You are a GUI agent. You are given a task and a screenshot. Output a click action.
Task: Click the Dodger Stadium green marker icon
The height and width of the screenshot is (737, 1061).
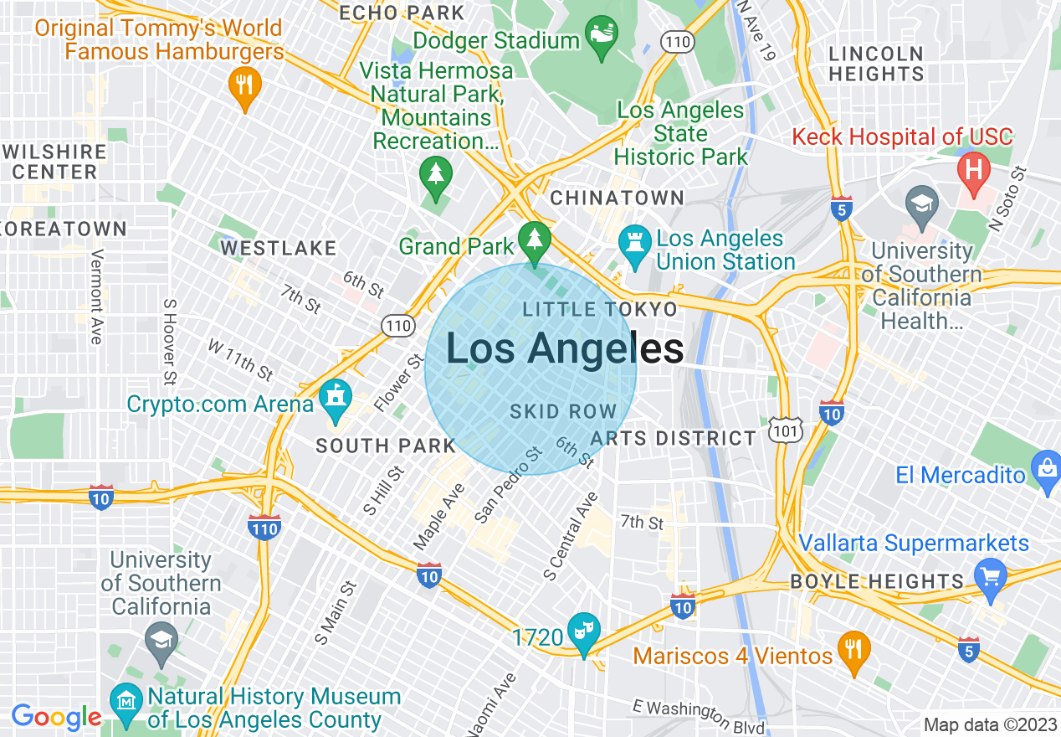(x=601, y=37)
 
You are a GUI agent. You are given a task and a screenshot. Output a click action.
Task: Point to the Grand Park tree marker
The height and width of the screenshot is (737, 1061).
(x=533, y=241)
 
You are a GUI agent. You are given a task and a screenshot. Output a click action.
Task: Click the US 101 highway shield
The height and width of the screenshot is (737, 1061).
(x=789, y=429)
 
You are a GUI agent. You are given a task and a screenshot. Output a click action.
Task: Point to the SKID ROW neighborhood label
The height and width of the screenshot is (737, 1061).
(x=563, y=412)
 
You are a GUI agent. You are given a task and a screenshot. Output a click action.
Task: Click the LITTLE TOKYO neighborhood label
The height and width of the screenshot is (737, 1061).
(x=600, y=310)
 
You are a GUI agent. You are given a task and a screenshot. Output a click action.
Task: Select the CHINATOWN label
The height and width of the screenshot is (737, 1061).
(x=617, y=198)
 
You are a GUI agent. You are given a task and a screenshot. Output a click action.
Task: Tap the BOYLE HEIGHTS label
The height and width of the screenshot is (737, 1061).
(x=878, y=581)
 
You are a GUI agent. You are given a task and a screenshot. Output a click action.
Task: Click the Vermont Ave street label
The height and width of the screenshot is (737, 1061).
(x=96, y=296)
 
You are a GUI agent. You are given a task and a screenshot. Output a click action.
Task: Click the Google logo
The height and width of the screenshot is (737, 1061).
(x=56, y=717)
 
